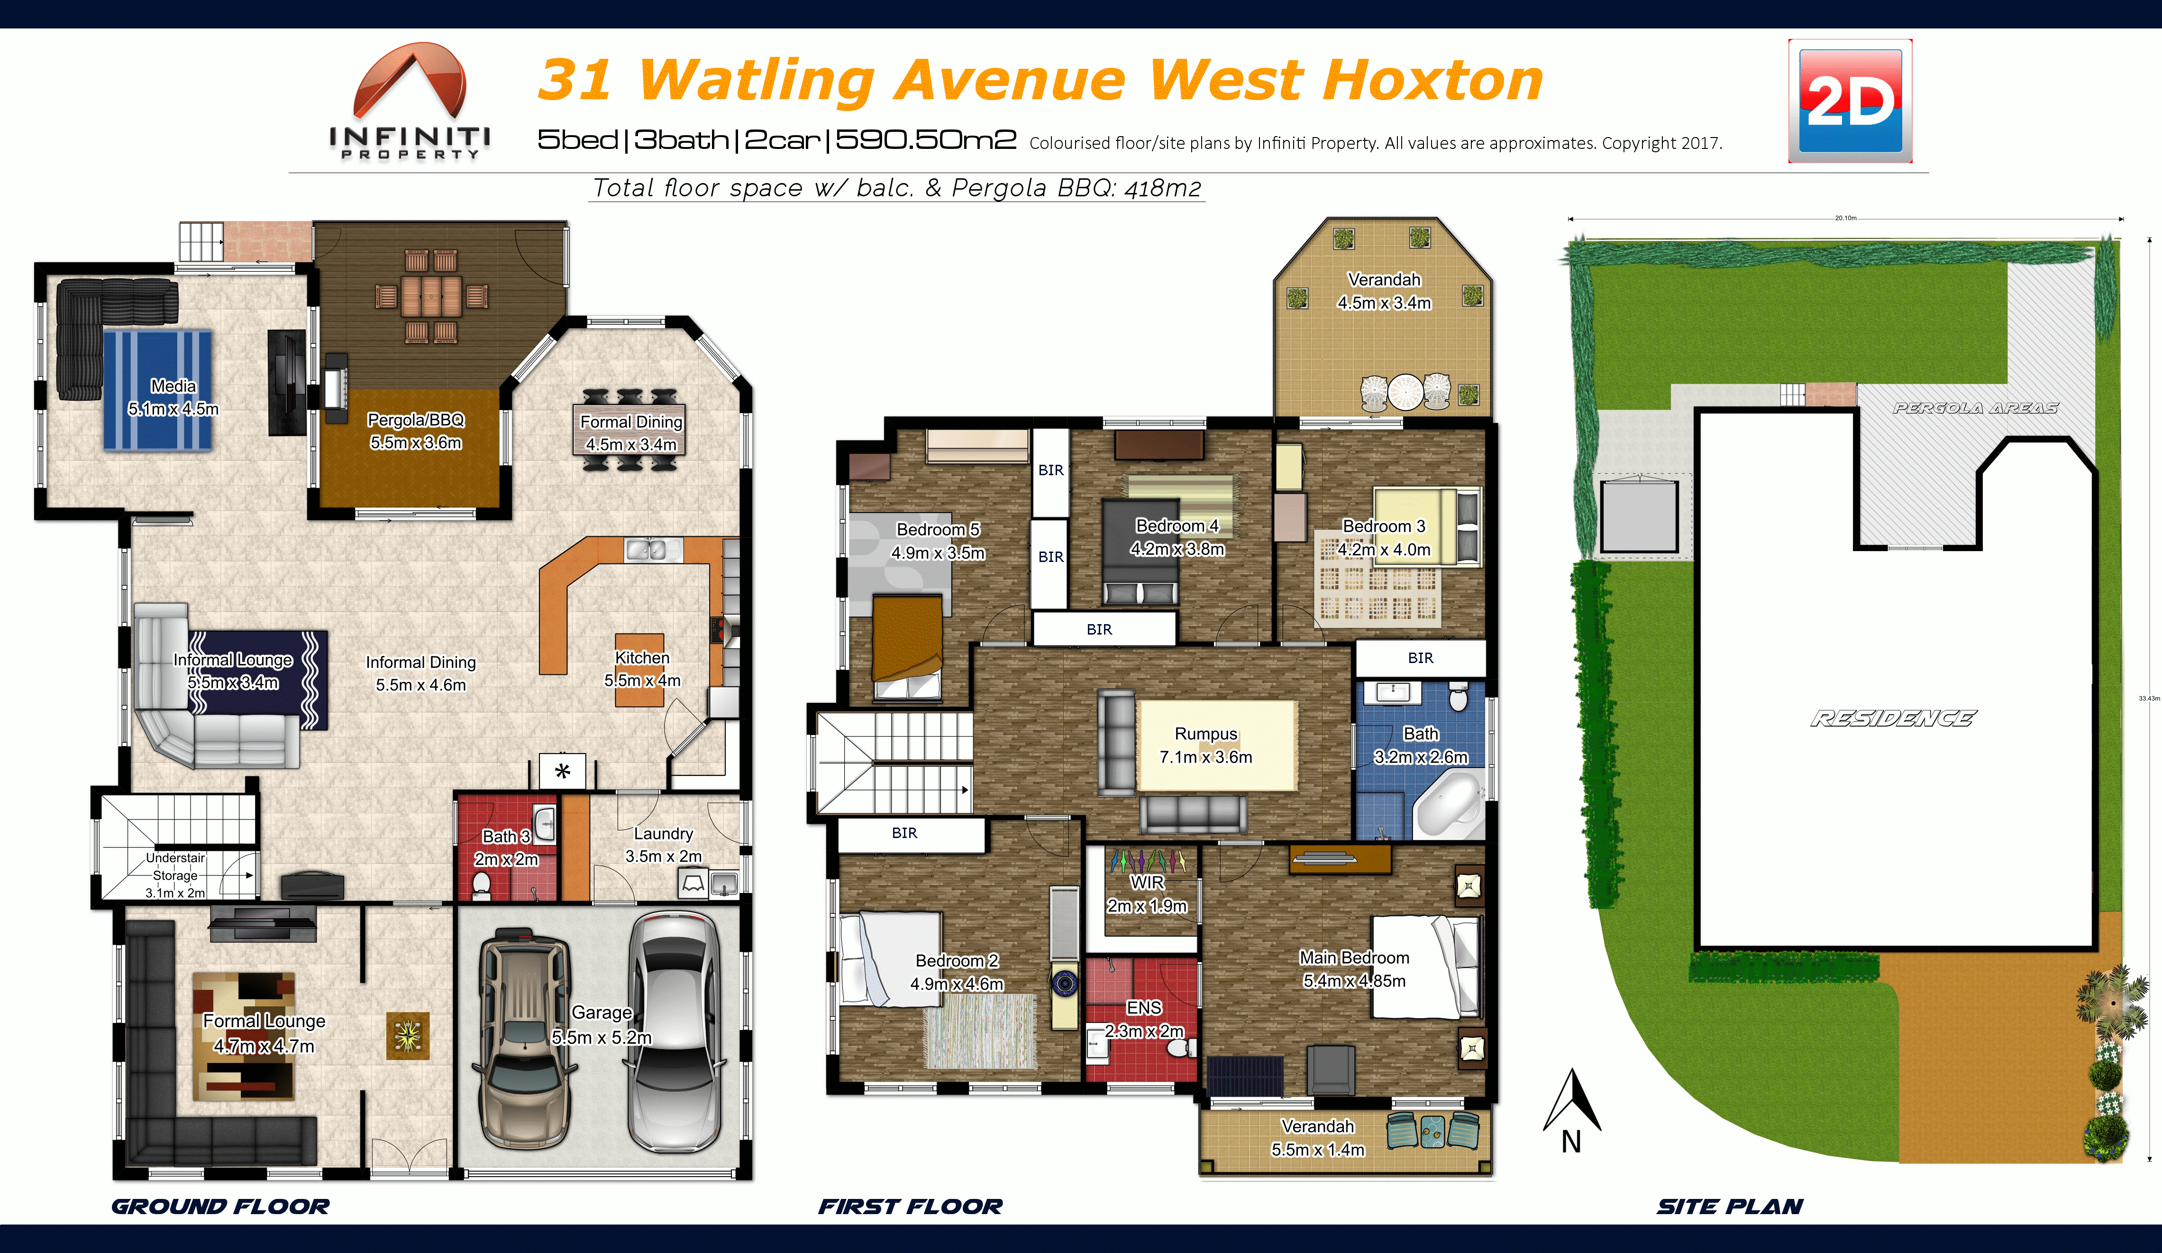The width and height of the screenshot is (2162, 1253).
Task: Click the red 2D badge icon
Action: (x=1850, y=101)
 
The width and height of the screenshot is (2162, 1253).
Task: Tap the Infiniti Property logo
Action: (x=410, y=101)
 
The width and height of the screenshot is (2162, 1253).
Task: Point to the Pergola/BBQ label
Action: (x=416, y=431)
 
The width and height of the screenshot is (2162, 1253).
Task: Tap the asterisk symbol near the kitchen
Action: (x=562, y=771)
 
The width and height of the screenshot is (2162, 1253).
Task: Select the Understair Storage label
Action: (x=175, y=875)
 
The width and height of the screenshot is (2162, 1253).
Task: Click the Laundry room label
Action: (x=663, y=845)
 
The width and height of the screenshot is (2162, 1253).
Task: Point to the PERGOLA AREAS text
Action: (x=1975, y=408)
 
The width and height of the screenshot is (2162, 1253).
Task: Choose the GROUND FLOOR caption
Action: (x=220, y=1206)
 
